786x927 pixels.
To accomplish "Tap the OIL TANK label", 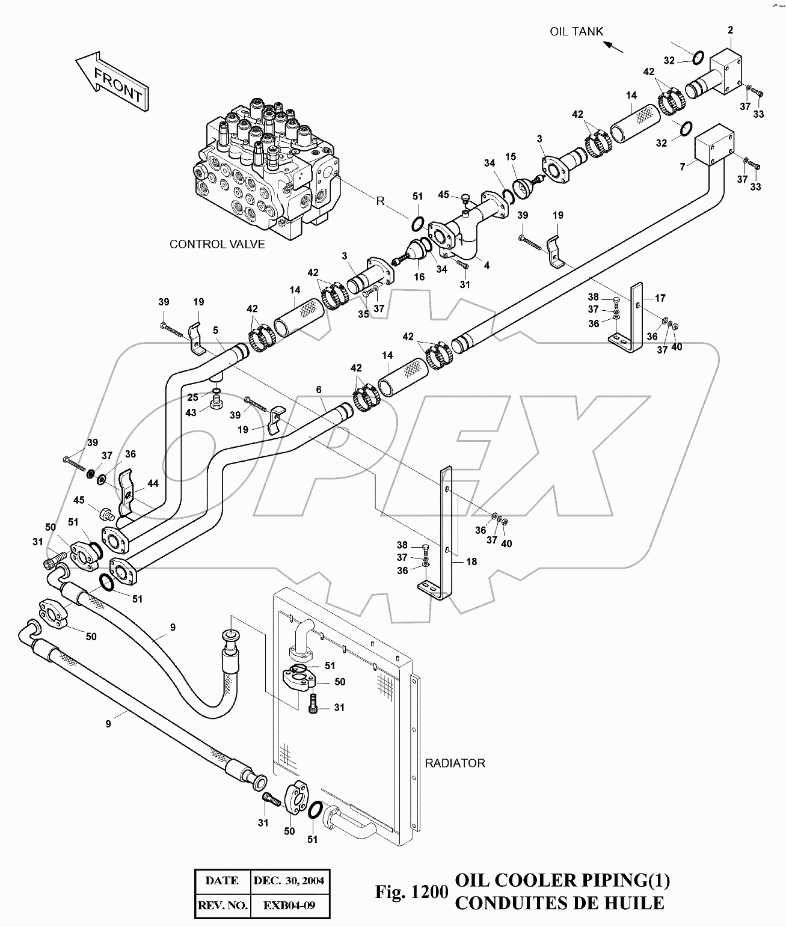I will point(576,32).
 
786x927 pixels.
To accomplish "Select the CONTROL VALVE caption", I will point(217,245).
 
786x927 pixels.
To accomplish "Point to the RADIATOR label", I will point(455,763).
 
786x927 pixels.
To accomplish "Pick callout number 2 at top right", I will point(730,30).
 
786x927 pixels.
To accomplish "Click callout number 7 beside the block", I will point(682,167).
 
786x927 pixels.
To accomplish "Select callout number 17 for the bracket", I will point(660,298).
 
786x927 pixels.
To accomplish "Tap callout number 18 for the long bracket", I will point(471,561).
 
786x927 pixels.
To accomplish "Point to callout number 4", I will point(487,265).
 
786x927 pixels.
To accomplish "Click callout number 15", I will point(511,158).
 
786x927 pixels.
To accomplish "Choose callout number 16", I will point(419,277).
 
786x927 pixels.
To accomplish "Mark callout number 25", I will point(192,397).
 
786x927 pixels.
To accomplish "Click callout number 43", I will point(191,413).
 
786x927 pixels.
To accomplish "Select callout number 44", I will point(153,483).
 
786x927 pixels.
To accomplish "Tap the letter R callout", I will point(380,201).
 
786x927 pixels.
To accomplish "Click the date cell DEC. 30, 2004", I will point(289,881).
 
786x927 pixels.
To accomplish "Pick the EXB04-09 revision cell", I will point(289,905).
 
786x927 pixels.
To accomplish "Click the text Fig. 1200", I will point(412,892).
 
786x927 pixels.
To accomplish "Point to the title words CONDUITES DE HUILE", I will point(559,902).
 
